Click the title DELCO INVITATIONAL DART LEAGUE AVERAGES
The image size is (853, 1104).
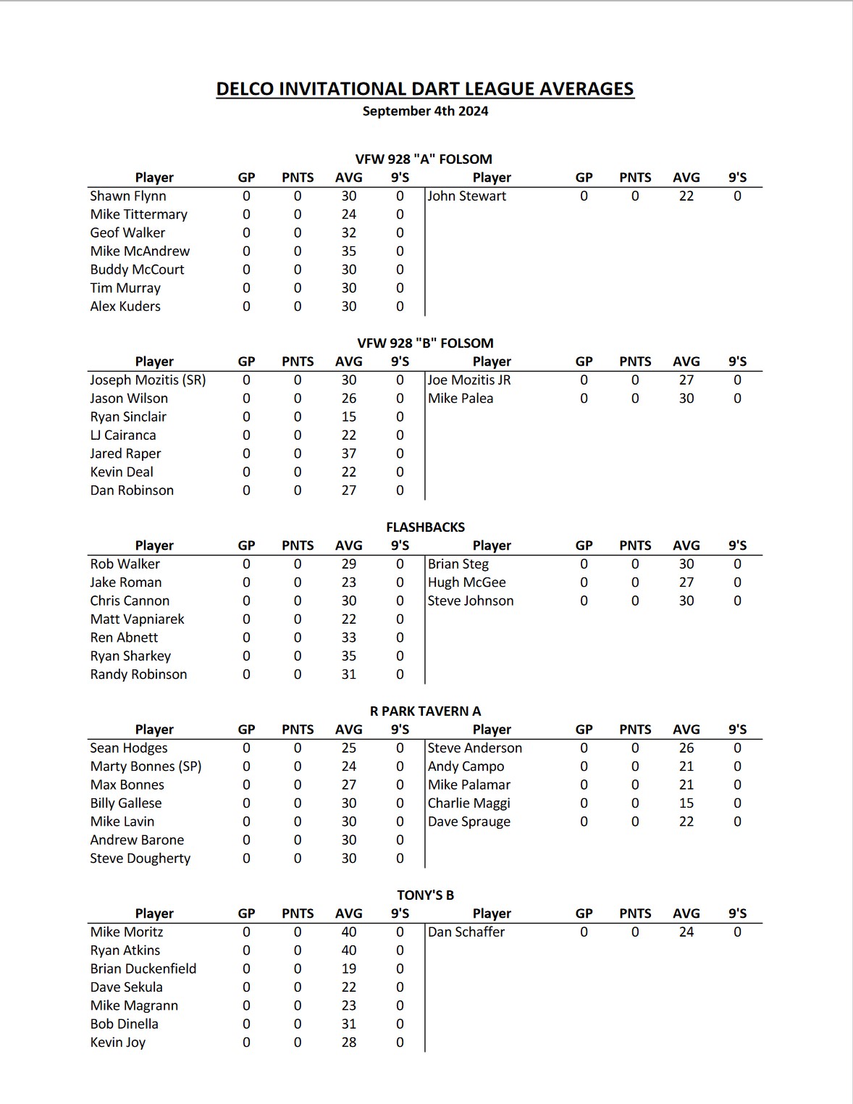coord(425,89)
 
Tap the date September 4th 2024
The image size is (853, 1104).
coord(425,112)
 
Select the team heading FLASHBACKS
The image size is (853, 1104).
coord(425,527)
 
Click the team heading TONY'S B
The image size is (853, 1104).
coord(425,895)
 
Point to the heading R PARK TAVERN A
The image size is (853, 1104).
coord(425,711)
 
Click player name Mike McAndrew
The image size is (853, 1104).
coord(140,251)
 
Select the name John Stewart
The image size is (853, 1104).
coord(467,196)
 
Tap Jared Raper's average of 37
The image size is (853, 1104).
coord(349,453)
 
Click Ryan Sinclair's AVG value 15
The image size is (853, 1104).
coord(349,417)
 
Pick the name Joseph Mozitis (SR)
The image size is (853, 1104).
coord(148,380)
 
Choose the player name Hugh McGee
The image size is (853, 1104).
coord(467,582)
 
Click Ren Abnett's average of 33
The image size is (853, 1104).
coord(349,637)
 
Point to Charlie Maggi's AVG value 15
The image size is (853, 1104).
coord(686,803)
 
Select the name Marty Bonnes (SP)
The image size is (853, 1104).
coord(146,766)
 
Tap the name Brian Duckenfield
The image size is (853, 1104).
coord(143,969)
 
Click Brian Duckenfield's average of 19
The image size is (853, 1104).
coord(349,969)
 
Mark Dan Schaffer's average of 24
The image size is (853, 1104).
coord(686,932)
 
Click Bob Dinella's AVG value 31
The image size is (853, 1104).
coord(349,1024)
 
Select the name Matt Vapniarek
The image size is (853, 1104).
coord(137,619)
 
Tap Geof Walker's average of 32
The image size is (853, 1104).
coord(349,233)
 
